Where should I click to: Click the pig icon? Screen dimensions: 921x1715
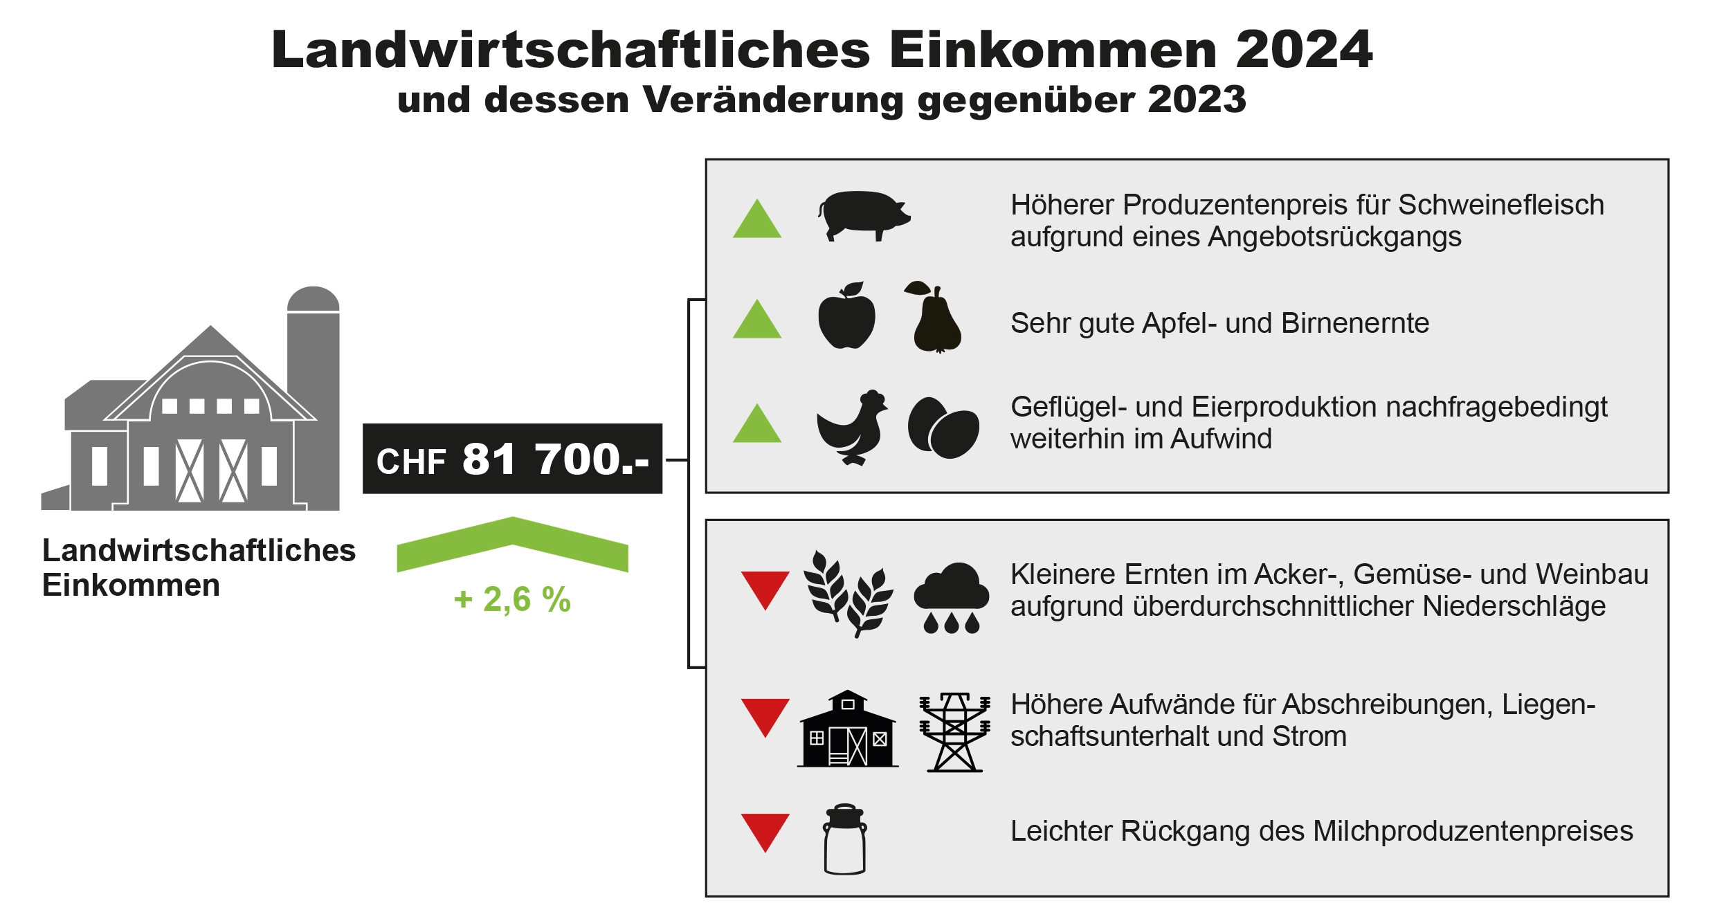(x=863, y=215)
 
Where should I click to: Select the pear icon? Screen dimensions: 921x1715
(x=936, y=319)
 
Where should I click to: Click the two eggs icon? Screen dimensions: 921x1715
(x=943, y=428)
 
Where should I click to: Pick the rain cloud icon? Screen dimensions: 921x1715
(x=952, y=596)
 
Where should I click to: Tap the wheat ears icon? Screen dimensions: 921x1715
(x=847, y=594)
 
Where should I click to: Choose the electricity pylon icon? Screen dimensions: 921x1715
(x=954, y=731)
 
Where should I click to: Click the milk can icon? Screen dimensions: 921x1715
(x=845, y=839)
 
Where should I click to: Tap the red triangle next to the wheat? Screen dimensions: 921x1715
(x=765, y=589)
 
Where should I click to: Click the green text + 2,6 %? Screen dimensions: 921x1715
(x=512, y=599)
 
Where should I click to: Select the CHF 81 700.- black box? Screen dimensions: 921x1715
(x=512, y=459)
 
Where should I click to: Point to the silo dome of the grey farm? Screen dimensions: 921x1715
(x=313, y=298)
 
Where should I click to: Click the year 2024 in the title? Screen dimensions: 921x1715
(x=1303, y=50)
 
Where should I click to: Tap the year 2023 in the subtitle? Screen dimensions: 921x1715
(x=1197, y=100)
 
